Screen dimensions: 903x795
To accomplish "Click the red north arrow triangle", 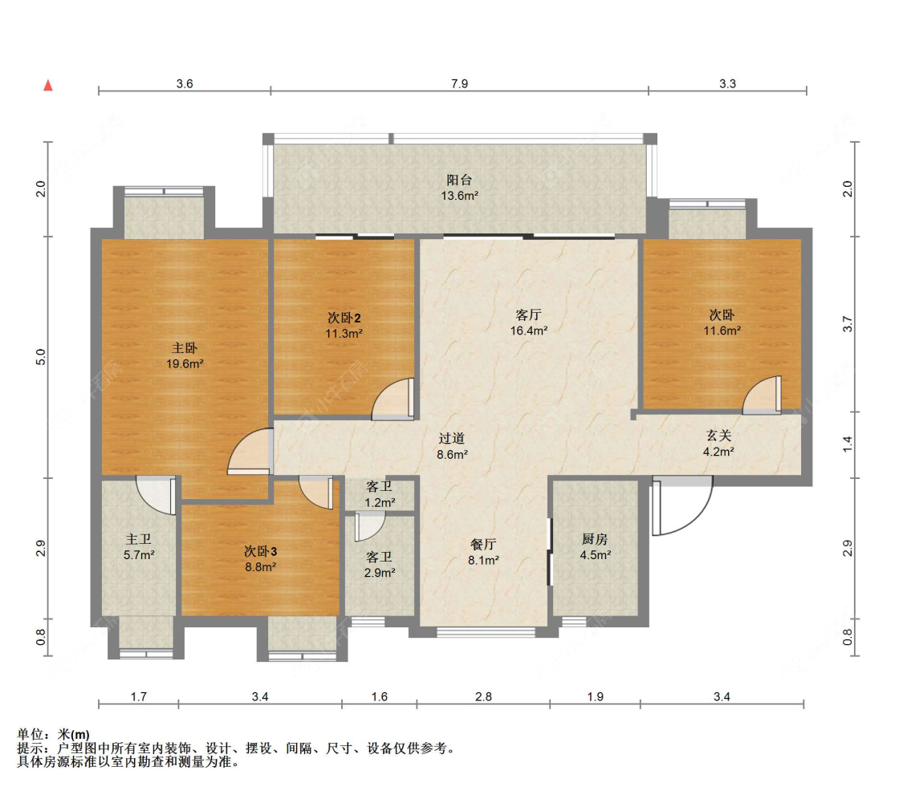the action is (x=48, y=85).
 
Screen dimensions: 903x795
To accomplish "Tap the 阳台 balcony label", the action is (x=460, y=180).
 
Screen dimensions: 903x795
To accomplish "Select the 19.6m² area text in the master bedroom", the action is (x=185, y=364).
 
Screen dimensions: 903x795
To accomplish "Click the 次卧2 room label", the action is (x=344, y=318).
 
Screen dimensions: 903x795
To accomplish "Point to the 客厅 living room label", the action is (x=529, y=315).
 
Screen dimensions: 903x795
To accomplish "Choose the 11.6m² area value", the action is (x=722, y=331).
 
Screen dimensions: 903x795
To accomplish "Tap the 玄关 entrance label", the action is (x=718, y=436).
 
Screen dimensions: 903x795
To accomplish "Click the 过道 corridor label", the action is (x=451, y=439).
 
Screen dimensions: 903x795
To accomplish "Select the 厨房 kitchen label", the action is (x=595, y=539).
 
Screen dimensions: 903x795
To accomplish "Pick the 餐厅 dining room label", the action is (x=483, y=544).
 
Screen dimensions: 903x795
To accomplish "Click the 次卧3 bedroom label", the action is (x=260, y=551).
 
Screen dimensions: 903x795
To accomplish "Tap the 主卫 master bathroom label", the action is (x=139, y=539).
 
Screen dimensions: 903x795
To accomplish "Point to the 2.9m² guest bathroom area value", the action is (x=380, y=573).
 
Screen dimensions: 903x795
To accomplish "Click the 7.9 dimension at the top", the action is (x=460, y=84).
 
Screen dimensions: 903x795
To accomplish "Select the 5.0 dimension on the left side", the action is (x=41, y=358).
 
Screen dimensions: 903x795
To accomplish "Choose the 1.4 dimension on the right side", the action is (x=847, y=444).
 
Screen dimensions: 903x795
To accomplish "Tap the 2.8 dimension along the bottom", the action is (x=484, y=696).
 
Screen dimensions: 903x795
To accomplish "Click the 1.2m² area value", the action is (x=380, y=502).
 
